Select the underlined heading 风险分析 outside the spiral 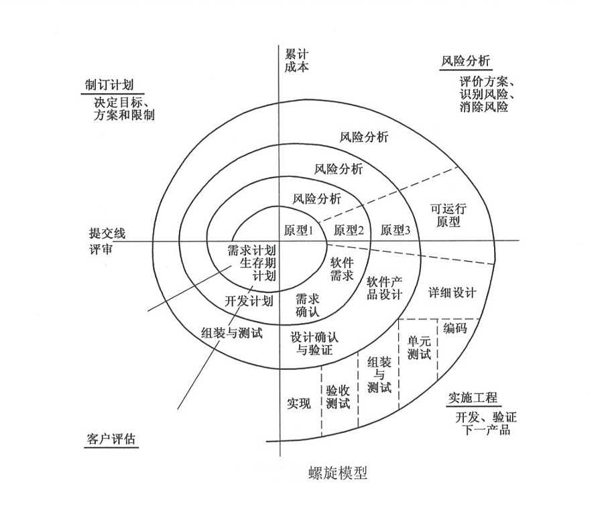click(465, 62)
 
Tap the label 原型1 click(298, 230)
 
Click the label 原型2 click(348, 230)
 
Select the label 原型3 click(395, 230)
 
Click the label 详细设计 click(452, 293)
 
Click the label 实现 click(298, 403)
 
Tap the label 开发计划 click(248, 300)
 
